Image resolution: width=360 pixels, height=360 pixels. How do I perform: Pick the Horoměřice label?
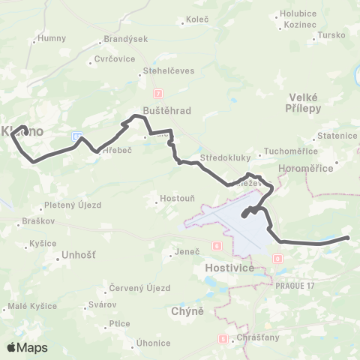pos(305,169)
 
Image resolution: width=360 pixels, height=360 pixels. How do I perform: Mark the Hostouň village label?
pos(176,199)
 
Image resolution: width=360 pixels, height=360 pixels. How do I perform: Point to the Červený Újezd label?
pos(139,288)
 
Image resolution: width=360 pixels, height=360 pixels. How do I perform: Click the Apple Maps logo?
pos(27,347)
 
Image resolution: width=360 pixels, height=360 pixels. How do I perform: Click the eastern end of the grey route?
pos(348,238)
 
